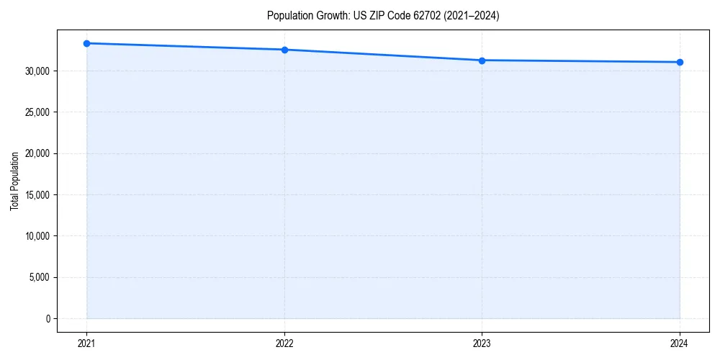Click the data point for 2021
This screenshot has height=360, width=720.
tap(86, 43)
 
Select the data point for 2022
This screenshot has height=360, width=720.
tap(284, 50)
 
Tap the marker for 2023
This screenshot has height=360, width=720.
tap(482, 60)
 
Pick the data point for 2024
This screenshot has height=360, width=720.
tap(680, 62)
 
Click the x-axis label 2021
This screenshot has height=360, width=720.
tap(86, 343)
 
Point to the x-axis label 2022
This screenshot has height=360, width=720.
tap(284, 343)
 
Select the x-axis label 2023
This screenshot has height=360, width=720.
tap(482, 343)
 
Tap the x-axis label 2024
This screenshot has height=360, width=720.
tap(680, 343)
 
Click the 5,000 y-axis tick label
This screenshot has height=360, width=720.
tap(40, 277)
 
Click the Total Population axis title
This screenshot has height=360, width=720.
tap(14, 181)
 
